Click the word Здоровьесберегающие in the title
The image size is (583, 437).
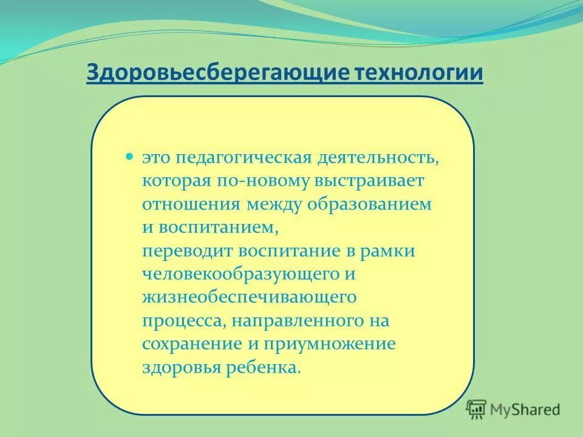(216, 73)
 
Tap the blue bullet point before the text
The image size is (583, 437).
(129, 157)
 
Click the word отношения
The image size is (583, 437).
(192, 204)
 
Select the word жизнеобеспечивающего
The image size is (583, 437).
(249, 297)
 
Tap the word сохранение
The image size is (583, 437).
(193, 344)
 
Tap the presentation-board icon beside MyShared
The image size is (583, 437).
(477, 409)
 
